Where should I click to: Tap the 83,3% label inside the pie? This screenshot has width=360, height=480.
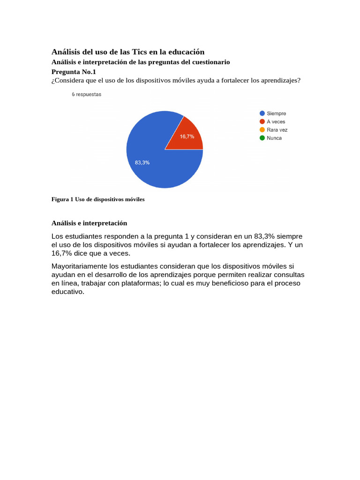[x=142, y=162]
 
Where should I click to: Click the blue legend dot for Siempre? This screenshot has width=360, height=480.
[x=262, y=113]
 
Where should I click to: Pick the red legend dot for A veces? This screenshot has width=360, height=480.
[x=262, y=121]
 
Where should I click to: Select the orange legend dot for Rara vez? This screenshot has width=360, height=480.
[x=262, y=130]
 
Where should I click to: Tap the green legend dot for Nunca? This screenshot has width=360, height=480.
[x=262, y=138]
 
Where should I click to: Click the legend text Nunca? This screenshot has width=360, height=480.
[x=274, y=138]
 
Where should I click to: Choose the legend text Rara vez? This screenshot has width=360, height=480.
[x=277, y=130]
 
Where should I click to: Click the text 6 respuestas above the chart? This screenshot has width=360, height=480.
[x=86, y=94]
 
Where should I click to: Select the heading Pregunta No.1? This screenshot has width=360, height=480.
[x=73, y=72]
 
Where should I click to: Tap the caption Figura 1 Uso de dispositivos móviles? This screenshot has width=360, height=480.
[x=98, y=199]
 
